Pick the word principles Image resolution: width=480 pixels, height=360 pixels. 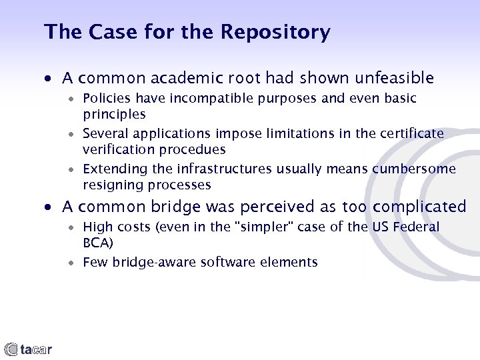pos(114,114)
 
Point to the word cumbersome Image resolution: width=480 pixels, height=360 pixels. pos(414,169)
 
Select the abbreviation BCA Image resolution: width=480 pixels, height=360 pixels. pos(97,243)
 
